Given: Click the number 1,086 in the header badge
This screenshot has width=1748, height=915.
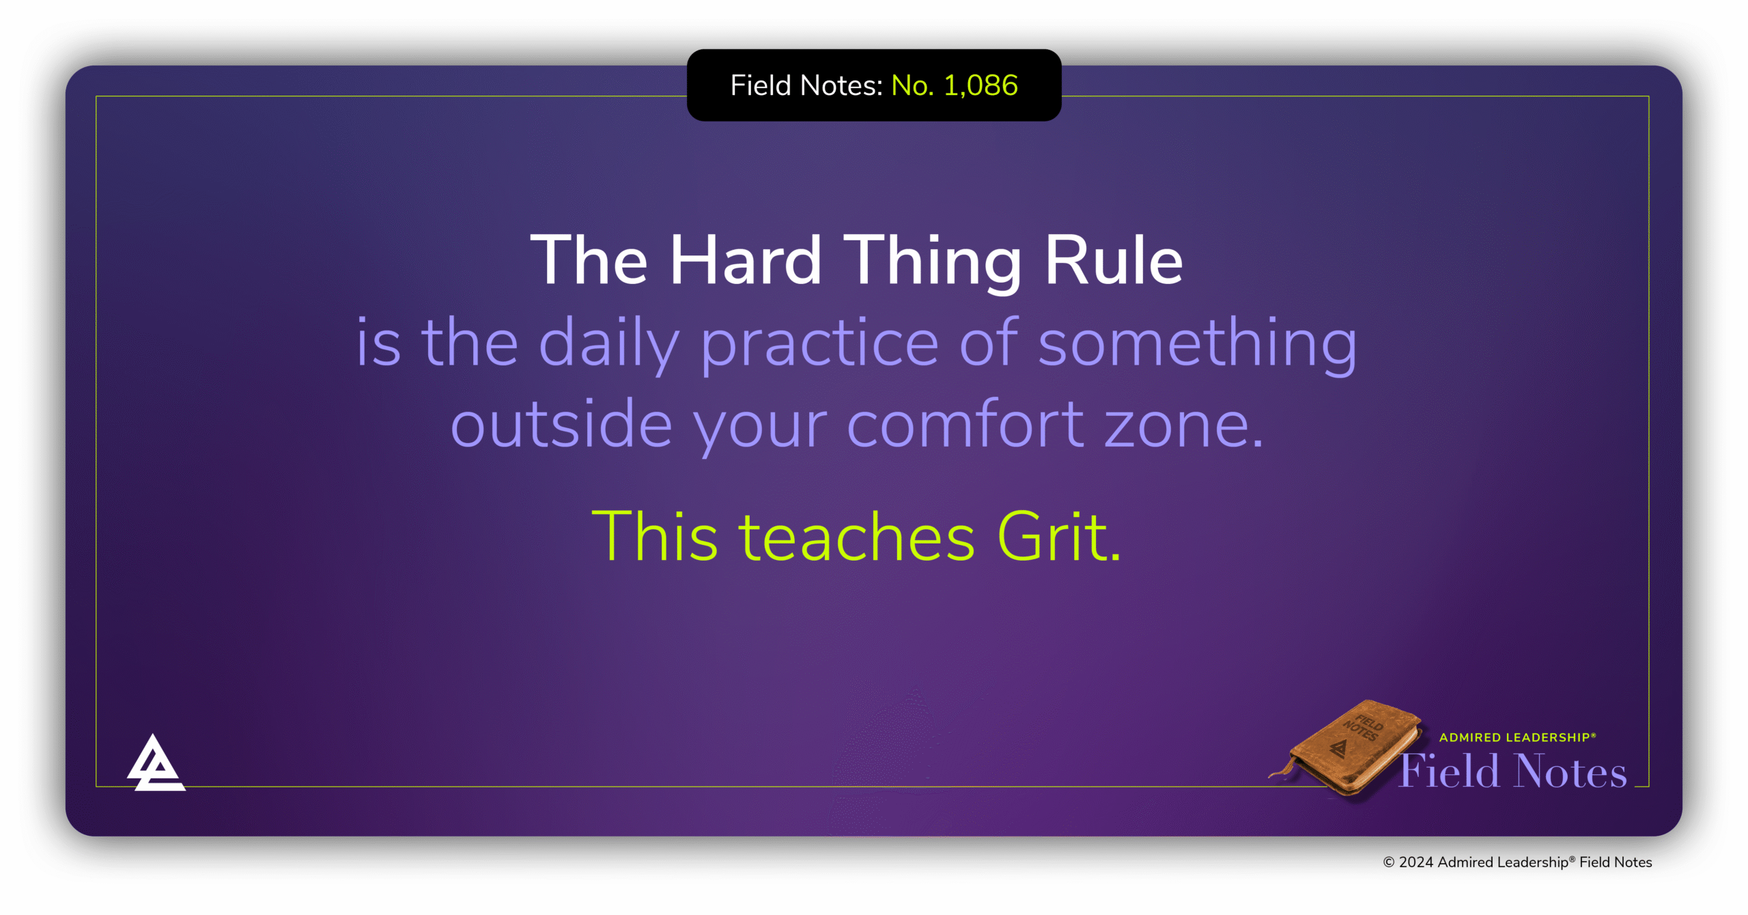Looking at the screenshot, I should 981,86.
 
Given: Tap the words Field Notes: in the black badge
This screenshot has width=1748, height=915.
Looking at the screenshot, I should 806,86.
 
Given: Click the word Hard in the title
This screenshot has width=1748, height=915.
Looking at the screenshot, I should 745,261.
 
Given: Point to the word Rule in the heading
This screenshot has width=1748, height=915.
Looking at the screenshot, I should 1114,261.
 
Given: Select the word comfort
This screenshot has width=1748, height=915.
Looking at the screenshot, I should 965,425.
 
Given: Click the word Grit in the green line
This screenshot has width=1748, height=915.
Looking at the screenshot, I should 1058,537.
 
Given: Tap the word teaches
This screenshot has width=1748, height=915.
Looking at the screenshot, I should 857,537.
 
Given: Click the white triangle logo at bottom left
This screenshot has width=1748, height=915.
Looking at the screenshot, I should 156,764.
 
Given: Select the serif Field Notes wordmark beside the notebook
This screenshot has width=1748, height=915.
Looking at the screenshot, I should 1513,772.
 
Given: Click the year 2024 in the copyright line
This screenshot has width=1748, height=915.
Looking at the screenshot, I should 1416,862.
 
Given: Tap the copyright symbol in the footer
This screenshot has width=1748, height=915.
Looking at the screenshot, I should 1388,862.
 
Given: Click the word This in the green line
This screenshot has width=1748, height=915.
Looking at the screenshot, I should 654,537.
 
